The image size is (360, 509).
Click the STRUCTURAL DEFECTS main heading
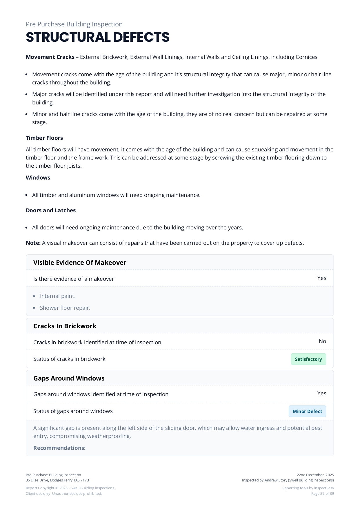point(98,37)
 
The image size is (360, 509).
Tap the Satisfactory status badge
point(308,359)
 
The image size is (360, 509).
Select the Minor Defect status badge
point(307,411)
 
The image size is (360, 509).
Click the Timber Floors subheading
point(44,138)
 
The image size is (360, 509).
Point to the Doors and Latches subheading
point(51,211)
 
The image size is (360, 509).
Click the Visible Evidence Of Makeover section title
point(80,262)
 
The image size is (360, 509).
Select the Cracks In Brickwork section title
point(65,326)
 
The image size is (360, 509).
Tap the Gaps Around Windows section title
point(69,378)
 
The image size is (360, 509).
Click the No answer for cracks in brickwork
point(322,341)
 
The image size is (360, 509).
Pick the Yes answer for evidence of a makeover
point(321,278)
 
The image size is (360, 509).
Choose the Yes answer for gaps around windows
point(321,394)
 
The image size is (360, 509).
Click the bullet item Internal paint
point(58,296)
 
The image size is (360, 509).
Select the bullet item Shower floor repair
point(65,308)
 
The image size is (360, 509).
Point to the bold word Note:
point(33,243)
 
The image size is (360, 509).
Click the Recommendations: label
point(59,448)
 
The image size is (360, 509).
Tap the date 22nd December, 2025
point(315,475)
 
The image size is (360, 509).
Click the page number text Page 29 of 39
point(322,494)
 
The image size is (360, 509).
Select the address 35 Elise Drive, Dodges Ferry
point(57,480)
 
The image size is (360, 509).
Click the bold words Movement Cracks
point(50,57)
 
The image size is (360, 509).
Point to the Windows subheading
point(38,178)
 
